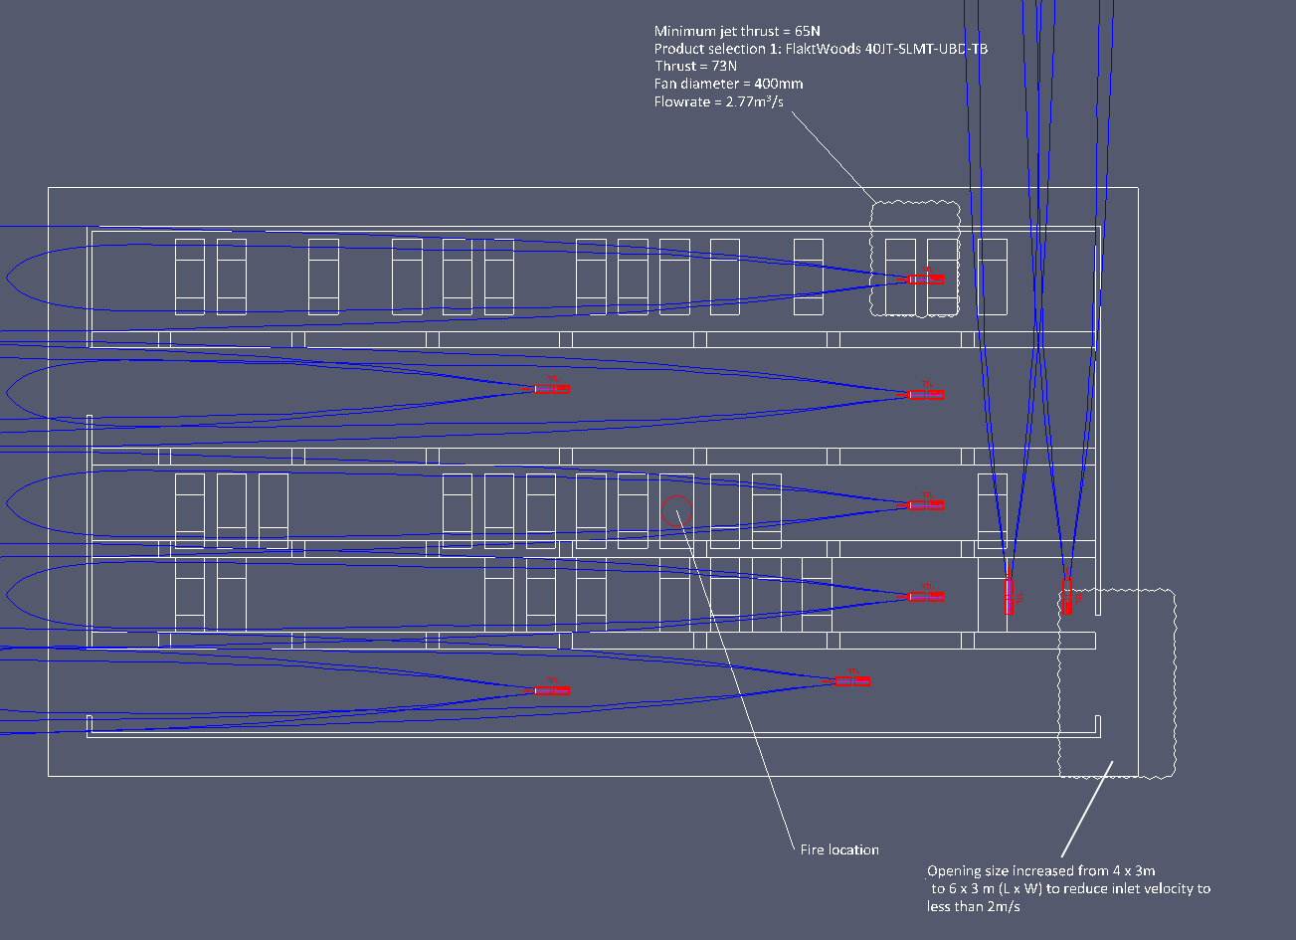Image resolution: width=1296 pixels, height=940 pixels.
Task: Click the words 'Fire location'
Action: [838, 849]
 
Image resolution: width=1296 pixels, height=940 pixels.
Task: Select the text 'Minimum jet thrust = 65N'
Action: [737, 31]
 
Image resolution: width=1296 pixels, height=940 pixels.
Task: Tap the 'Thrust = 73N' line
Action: [695, 66]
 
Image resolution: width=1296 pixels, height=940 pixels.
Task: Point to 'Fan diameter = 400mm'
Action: [728, 84]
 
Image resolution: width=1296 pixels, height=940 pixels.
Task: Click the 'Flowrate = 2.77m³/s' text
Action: [718, 101]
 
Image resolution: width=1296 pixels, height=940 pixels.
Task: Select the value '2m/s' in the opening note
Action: [1004, 906]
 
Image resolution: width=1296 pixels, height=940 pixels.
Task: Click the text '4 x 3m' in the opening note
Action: [1134, 870]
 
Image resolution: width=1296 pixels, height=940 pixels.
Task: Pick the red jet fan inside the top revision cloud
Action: [925, 280]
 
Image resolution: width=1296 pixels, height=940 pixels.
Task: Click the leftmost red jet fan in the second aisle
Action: [551, 389]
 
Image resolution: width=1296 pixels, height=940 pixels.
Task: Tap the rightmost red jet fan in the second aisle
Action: [925, 395]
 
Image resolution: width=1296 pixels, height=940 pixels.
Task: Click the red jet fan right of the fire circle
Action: [925, 505]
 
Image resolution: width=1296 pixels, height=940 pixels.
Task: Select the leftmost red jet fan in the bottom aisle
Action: [551, 690]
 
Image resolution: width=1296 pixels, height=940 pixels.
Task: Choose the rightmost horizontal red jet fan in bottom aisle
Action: [851, 680]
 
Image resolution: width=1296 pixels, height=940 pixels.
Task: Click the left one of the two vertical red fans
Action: [1009, 596]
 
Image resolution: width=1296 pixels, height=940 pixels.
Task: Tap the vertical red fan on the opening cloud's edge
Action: [1067, 596]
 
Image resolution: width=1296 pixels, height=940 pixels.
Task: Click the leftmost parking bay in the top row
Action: [190, 278]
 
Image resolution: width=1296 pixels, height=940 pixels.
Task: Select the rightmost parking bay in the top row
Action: [993, 278]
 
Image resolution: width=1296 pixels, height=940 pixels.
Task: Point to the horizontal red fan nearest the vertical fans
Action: [925, 597]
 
